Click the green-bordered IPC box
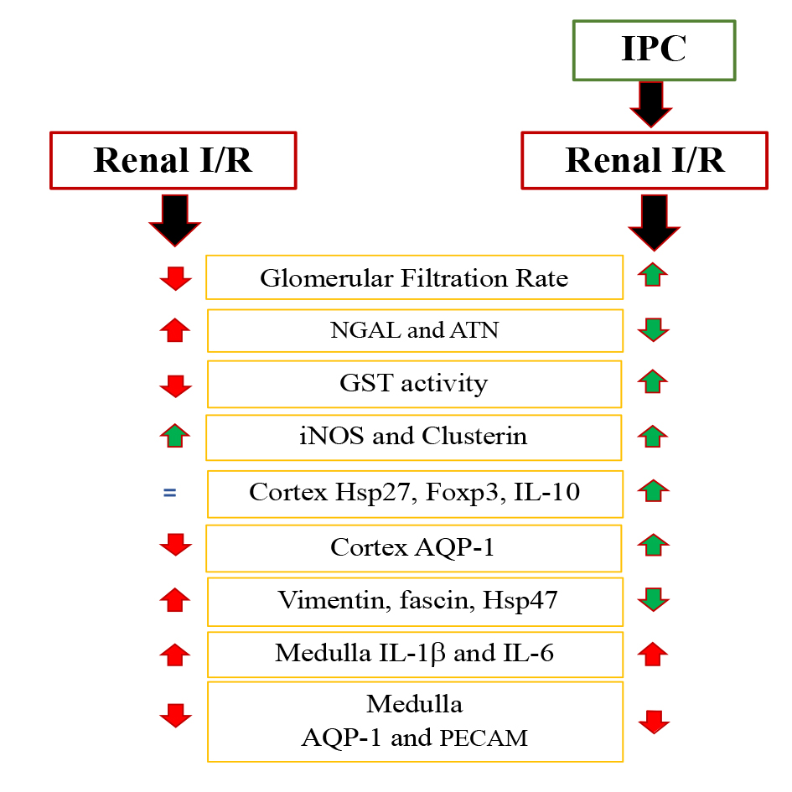click(x=654, y=50)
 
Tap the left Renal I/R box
click(x=173, y=160)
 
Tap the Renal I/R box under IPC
click(x=644, y=160)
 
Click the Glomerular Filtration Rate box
click(x=414, y=277)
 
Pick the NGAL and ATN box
click(x=414, y=330)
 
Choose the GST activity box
click(x=414, y=384)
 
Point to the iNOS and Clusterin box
click(x=414, y=437)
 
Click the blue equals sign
click(x=169, y=493)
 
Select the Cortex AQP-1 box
click(x=414, y=547)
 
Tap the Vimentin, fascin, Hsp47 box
click(x=414, y=601)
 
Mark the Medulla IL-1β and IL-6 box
click(x=414, y=654)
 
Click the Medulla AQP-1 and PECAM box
click(x=414, y=722)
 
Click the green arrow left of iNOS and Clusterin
click(x=174, y=435)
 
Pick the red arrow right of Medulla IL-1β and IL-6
click(x=653, y=654)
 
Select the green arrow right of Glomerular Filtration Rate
click(x=653, y=274)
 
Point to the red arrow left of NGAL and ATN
click(x=174, y=329)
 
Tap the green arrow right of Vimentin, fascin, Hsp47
click(x=653, y=600)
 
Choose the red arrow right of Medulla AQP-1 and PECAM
click(x=654, y=721)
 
